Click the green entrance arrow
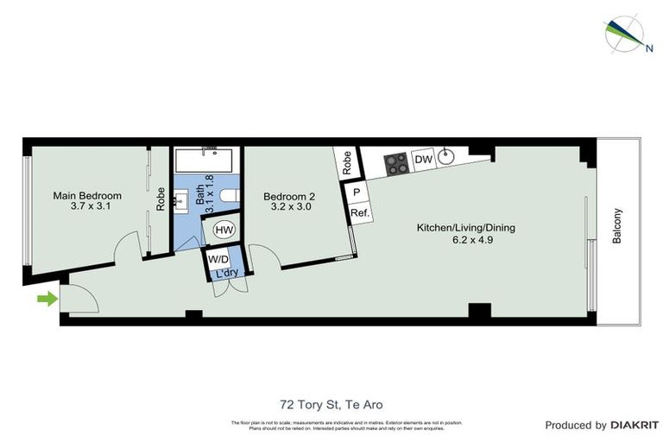click(x=47, y=300)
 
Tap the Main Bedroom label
click(x=87, y=196)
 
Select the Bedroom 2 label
click(x=289, y=196)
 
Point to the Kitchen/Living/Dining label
click(x=465, y=228)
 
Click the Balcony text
click(x=616, y=226)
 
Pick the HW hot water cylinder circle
click(x=224, y=230)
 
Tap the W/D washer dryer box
click(x=218, y=258)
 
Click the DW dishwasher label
click(x=422, y=160)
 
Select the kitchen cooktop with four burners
click(x=396, y=164)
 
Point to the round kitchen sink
click(x=447, y=157)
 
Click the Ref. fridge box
click(x=359, y=213)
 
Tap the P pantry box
click(x=357, y=193)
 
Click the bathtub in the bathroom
click(x=207, y=161)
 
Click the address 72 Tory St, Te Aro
click(x=331, y=404)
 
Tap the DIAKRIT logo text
click(x=634, y=425)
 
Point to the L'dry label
click(x=226, y=274)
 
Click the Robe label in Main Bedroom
click(x=161, y=199)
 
